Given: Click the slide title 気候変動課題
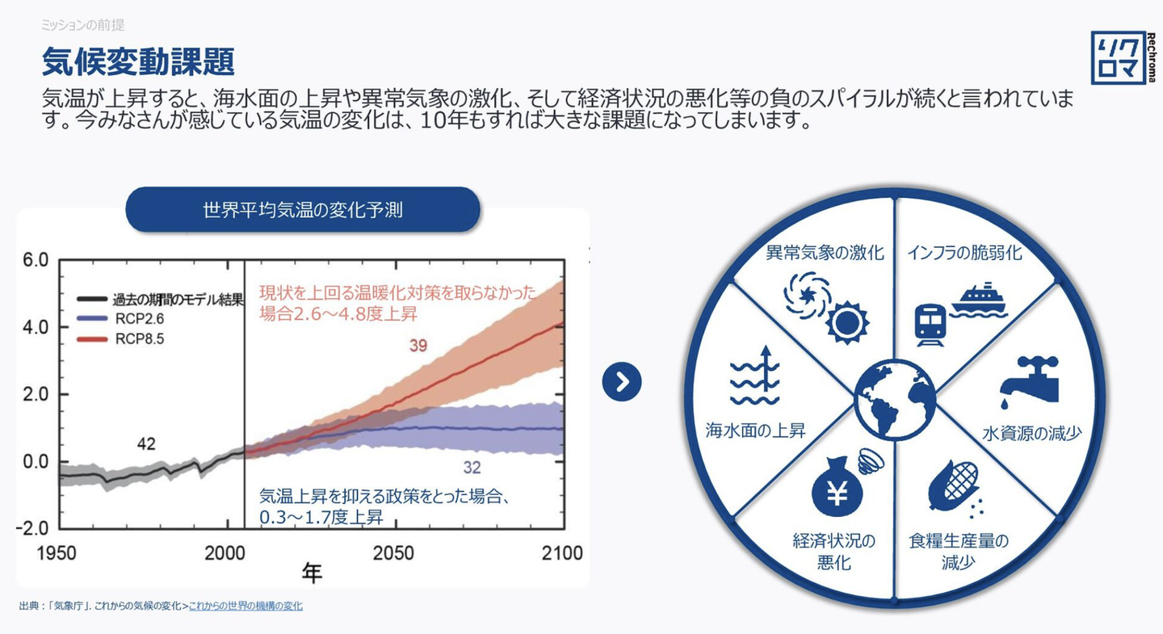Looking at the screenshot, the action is (x=138, y=62).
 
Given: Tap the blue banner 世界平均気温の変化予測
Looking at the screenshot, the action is (x=303, y=209).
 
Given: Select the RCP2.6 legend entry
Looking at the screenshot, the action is (x=120, y=318).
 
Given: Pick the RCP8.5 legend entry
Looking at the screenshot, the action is (x=120, y=339).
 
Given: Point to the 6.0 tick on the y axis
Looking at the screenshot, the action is (x=36, y=259).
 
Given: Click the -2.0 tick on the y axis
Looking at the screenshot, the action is (x=32, y=528).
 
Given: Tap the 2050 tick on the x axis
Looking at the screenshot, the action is (x=393, y=553).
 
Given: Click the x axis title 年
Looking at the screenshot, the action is (x=312, y=573).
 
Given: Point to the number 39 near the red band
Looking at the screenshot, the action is (x=418, y=346).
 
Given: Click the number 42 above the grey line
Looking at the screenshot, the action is (x=146, y=443).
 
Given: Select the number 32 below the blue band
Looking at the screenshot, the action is (x=472, y=468).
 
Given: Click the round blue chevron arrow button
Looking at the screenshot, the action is (x=622, y=382).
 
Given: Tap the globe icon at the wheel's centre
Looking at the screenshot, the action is (x=895, y=400).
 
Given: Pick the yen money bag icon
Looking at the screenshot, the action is (x=837, y=486).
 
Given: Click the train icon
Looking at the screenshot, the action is (x=930, y=325).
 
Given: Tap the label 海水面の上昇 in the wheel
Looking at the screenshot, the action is (x=755, y=430).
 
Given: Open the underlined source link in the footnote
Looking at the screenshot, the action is (x=246, y=606).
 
